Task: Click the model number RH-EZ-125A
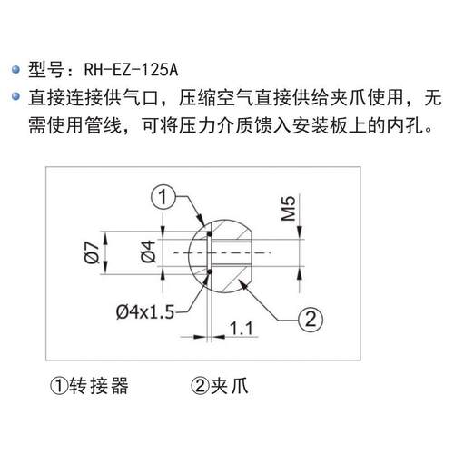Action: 131,70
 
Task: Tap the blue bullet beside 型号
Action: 15,70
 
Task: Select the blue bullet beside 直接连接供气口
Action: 15,97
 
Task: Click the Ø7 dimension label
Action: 92,252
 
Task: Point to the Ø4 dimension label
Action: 148,252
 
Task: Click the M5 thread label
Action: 288,209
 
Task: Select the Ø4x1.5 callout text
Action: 145,312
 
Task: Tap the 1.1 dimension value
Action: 242,328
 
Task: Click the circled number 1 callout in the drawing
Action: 163,198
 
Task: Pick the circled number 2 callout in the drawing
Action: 311,320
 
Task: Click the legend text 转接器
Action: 99,386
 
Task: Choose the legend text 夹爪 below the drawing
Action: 229,386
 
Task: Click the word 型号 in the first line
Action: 46,70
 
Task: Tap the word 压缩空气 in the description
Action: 216,97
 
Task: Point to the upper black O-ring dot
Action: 209,234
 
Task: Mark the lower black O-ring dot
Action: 209,272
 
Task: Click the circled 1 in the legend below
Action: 59,386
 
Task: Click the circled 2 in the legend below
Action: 200,386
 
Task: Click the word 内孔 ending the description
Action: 405,125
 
